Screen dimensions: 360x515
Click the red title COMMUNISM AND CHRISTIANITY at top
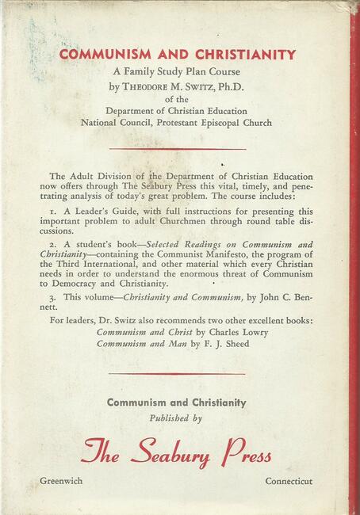point(177,55)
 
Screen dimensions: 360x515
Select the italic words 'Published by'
point(176,417)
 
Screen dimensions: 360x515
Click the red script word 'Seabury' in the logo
point(181,453)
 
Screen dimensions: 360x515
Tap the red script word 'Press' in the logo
point(245,453)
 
